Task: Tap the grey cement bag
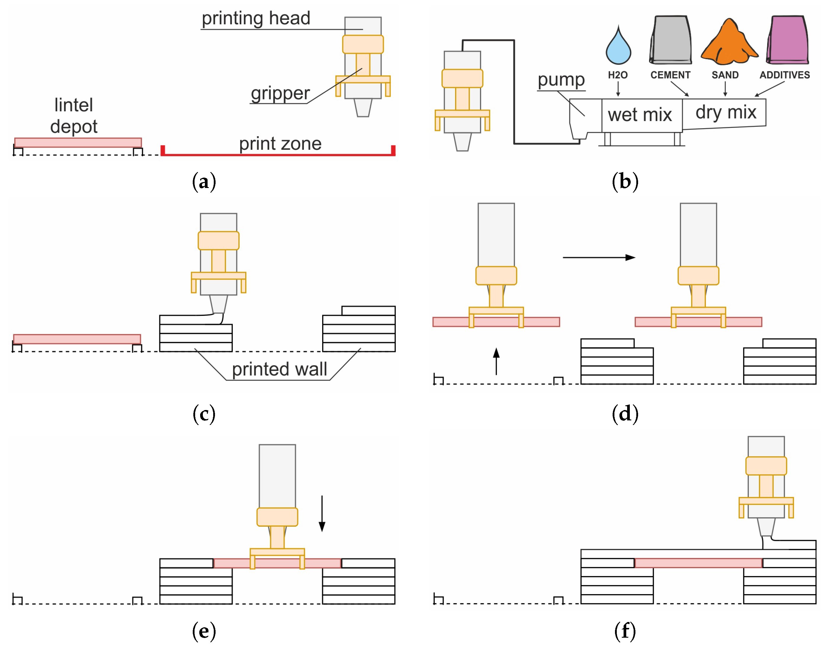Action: tap(671, 40)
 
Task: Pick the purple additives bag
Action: tap(788, 40)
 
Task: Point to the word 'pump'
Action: tap(561, 80)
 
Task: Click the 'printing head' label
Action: tap(256, 18)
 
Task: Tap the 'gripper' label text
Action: tap(280, 93)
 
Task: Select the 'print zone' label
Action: tap(280, 144)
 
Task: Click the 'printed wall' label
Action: tap(279, 369)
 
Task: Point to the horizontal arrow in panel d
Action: tap(599, 258)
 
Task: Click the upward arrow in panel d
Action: tap(496, 361)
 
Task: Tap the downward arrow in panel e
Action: tap(322, 513)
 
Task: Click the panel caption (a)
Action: tap(204, 181)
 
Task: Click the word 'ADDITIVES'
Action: tap(785, 75)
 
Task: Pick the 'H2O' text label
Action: tap(618, 75)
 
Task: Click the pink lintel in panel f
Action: tap(698, 563)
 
